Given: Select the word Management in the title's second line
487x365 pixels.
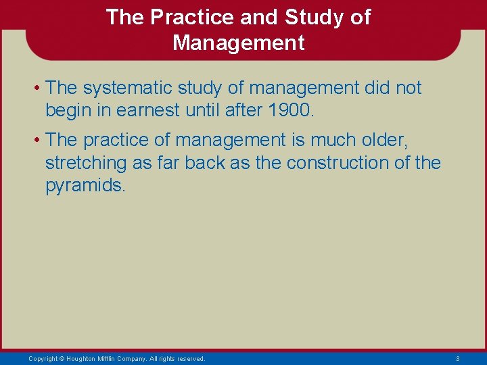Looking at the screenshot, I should (x=239, y=43).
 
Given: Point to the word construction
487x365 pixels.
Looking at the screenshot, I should (x=335, y=163).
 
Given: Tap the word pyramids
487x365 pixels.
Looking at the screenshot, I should (x=84, y=186).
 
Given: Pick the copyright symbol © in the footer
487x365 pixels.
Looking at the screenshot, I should (x=62, y=358).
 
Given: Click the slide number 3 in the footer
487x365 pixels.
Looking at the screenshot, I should (x=457, y=358).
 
